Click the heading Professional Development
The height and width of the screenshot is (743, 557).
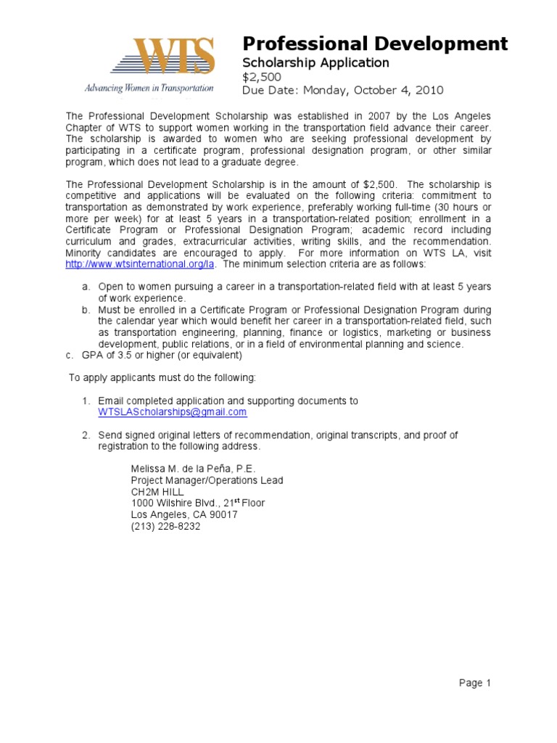click(374, 44)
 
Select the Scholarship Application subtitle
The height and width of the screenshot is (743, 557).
click(315, 63)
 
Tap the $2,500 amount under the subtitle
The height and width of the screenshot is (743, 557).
click(261, 77)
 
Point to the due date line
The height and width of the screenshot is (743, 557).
click(342, 91)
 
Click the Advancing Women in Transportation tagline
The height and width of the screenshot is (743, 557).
click(149, 89)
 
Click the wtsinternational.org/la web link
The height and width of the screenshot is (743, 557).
click(131, 264)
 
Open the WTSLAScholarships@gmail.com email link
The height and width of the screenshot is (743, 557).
click(173, 412)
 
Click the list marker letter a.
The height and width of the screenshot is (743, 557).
click(85, 287)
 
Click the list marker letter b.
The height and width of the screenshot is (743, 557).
click(85, 311)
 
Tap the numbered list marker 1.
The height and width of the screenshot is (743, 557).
click(85, 401)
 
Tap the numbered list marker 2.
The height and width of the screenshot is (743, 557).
click(85, 435)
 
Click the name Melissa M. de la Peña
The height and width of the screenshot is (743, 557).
click(192, 469)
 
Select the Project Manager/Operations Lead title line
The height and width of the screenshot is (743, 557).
click(207, 480)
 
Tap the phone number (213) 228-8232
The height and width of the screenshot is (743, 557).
click(165, 526)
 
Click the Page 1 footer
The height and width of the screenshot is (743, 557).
click(475, 683)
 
